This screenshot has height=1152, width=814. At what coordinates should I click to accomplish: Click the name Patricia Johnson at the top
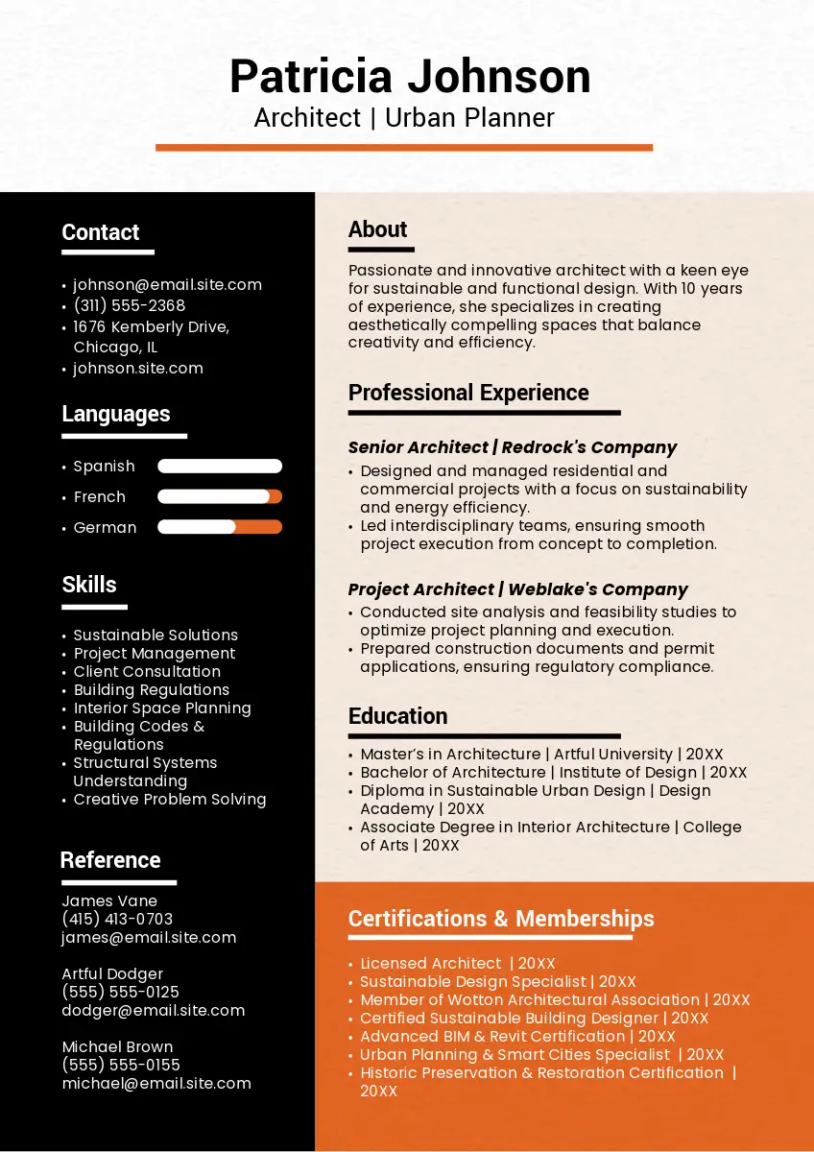tap(410, 77)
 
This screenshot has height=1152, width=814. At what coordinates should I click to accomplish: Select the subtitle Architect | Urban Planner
tap(404, 118)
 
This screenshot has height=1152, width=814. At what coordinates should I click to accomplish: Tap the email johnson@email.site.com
tap(167, 285)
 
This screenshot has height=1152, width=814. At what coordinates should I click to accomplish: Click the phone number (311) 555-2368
tap(130, 306)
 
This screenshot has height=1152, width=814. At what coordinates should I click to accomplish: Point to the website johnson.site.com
tap(138, 369)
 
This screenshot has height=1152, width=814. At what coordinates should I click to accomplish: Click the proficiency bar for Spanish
tap(220, 467)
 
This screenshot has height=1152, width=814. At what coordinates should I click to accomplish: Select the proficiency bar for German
tap(220, 527)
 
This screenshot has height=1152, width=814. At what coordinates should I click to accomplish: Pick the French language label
tap(100, 497)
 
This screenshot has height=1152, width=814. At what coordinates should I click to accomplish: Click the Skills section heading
tap(89, 585)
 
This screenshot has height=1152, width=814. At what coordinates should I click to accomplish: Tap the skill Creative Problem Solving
tap(170, 800)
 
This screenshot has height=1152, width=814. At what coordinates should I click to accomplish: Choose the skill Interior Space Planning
tap(162, 708)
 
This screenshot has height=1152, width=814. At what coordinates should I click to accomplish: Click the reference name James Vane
tap(109, 901)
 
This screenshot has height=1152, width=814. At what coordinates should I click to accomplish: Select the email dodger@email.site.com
tap(154, 1011)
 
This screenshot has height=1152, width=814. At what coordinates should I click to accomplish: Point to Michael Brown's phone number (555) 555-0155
tap(121, 1066)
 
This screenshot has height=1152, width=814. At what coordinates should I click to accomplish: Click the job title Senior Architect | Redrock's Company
tap(513, 447)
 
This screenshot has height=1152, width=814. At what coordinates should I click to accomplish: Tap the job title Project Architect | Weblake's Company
tap(518, 589)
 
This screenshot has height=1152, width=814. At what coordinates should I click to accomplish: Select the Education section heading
tap(397, 716)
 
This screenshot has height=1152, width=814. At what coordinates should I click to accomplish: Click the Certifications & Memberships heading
tap(501, 919)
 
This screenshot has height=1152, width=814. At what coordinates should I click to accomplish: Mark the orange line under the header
tap(404, 148)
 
